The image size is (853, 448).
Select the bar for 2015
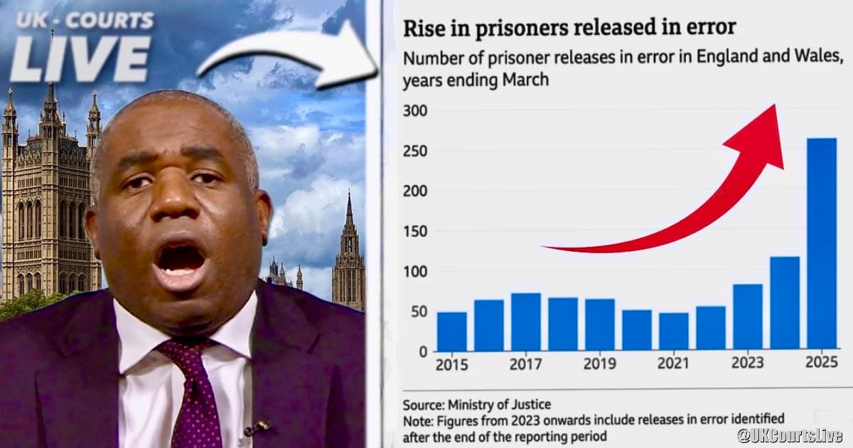452,331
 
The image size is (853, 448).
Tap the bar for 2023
748,317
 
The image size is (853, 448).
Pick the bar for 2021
674,331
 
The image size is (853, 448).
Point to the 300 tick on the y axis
415,112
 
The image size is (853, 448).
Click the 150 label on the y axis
415,231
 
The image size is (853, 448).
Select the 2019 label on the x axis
600,364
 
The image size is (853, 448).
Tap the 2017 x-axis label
526,364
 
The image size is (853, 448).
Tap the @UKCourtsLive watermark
789,434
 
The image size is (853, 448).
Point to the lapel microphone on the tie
257,428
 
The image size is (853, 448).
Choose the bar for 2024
785,303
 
